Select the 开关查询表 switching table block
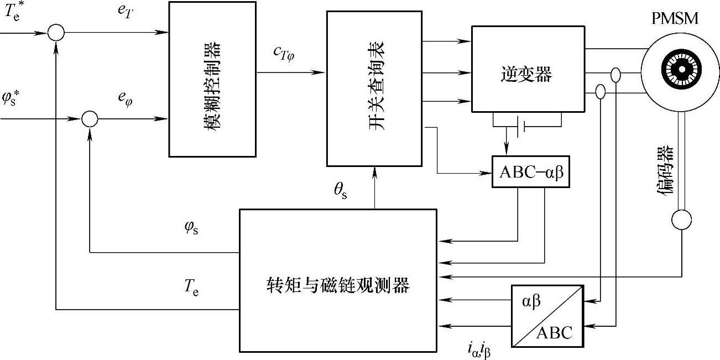[x=375, y=88]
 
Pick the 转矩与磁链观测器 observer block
[x=337, y=280]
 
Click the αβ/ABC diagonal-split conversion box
[x=546, y=316]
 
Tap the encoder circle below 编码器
[x=681, y=220]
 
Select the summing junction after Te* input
[x=56, y=33]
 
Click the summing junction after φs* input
[x=89, y=118]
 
